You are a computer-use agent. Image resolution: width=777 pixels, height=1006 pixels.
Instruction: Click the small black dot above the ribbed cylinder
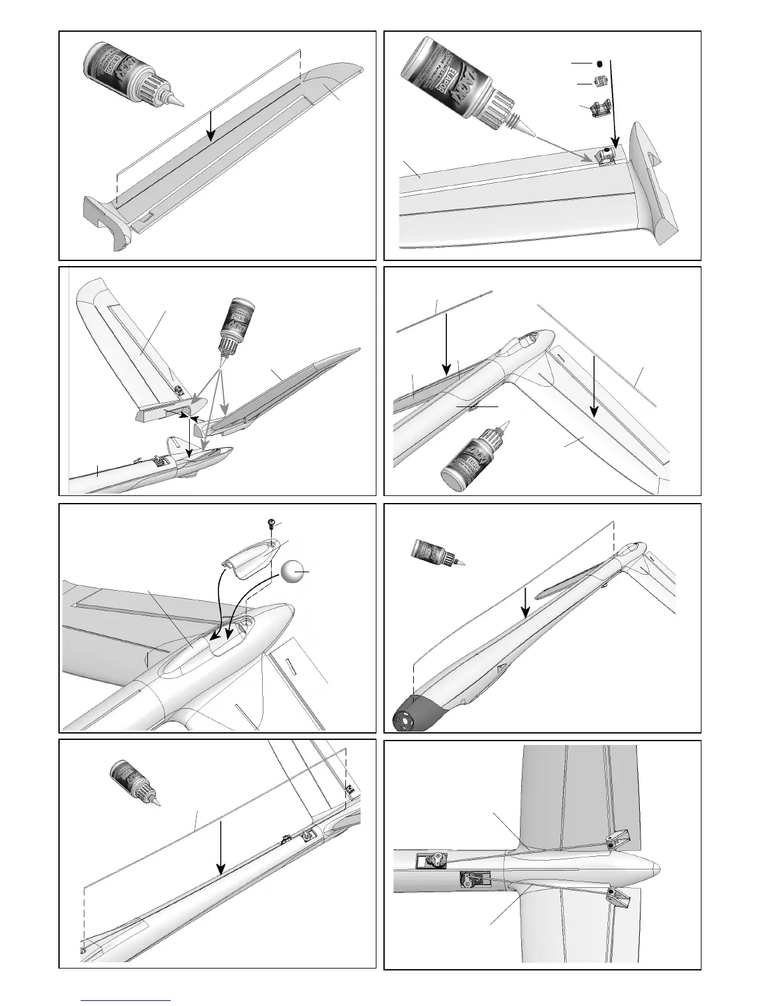599,64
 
